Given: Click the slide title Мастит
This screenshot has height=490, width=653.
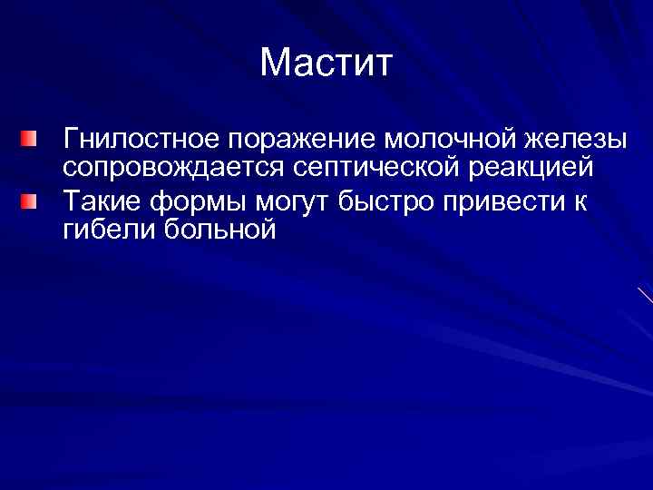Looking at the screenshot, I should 326,64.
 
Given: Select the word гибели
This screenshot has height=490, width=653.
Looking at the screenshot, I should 109,229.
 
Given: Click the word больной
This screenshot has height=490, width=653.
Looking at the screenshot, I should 220,229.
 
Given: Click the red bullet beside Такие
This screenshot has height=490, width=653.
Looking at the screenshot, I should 31,201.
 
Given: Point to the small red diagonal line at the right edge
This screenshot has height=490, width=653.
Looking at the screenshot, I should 645,294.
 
